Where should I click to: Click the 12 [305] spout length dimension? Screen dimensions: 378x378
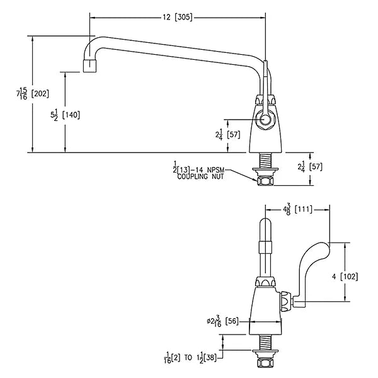(x=178, y=18)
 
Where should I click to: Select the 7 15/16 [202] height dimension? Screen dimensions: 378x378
(x=33, y=93)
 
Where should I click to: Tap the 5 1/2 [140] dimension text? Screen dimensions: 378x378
(x=65, y=115)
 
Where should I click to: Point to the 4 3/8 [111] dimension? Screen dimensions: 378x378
(x=298, y=209)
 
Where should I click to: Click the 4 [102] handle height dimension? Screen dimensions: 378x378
(x=345, y=277)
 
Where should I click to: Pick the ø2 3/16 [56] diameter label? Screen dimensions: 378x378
(x=223, y=321)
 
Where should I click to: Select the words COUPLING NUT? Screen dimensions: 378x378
(x=200, y=176)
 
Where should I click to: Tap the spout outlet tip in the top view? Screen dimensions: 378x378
(x=90, y=66)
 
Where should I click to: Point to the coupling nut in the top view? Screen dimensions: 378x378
(x=265, y=181)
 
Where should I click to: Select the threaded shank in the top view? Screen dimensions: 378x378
(x=265, y=161)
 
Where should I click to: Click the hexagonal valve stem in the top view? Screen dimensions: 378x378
(x=265, y=119)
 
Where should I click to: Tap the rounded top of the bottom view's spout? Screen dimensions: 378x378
(x=265, y=223)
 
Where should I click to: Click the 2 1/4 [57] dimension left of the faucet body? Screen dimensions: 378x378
(x=228, y=134)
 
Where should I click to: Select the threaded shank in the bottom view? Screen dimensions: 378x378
(x=265, y=342)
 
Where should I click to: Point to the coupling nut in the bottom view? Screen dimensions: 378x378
(x=265, y=362)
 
